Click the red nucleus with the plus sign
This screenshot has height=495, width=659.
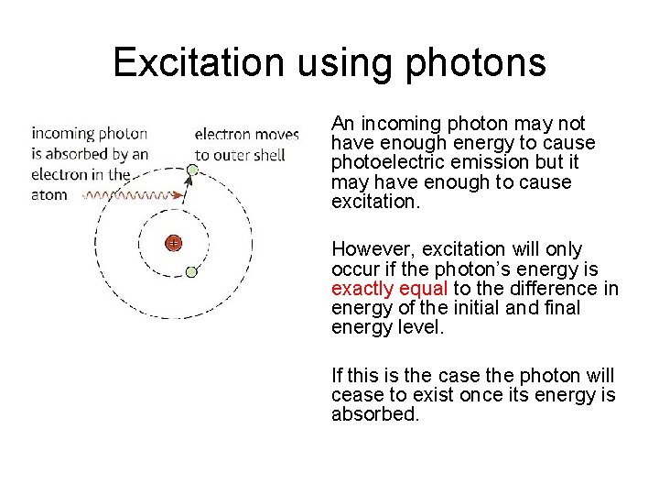pyautogui.click(x=173, y=243)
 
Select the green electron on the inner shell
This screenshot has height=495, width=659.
pyautogui.click(x=191, y=271)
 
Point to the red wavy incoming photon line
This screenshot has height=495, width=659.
pyautogui.click(x=127, y=195)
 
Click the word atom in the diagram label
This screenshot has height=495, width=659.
pyautogui.click(x=49, y=194)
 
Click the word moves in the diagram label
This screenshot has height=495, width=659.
pyautogui.click(x=276, y=135)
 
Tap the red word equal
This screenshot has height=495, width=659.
pyautogui.click(x=422, y=289)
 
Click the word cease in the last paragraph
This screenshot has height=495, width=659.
pyautogui.click(x=355, y=395)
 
